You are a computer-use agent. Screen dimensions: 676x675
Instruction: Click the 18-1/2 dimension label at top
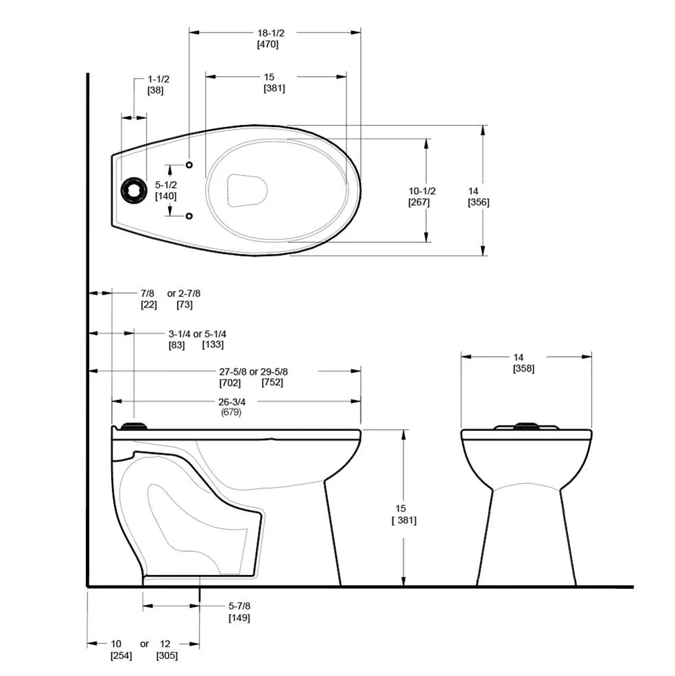268,32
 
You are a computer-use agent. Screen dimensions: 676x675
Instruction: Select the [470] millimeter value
268,45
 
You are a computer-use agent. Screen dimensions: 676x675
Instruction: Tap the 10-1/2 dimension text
422,191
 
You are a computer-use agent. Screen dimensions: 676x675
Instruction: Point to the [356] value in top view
478,202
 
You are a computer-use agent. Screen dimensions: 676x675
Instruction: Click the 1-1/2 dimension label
158,79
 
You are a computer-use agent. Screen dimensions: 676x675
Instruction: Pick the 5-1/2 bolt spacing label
165,185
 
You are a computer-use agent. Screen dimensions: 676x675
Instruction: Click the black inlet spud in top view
134,190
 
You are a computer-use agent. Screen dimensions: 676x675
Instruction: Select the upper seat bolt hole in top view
189,165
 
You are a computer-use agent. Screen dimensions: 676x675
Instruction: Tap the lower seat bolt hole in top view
189,216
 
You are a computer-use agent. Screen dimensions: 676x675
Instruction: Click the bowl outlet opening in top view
247,189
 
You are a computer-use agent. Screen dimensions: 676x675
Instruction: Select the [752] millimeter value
272,382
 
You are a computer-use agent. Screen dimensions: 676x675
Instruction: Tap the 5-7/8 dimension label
239,606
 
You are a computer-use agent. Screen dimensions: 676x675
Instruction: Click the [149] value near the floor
239,618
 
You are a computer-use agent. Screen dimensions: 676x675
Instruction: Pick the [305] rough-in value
167,655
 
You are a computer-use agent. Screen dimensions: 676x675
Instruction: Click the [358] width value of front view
523,369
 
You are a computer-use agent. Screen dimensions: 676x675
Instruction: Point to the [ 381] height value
403,520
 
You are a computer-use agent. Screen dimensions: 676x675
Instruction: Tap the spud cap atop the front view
525,426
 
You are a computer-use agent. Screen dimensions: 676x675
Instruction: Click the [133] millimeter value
213,345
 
